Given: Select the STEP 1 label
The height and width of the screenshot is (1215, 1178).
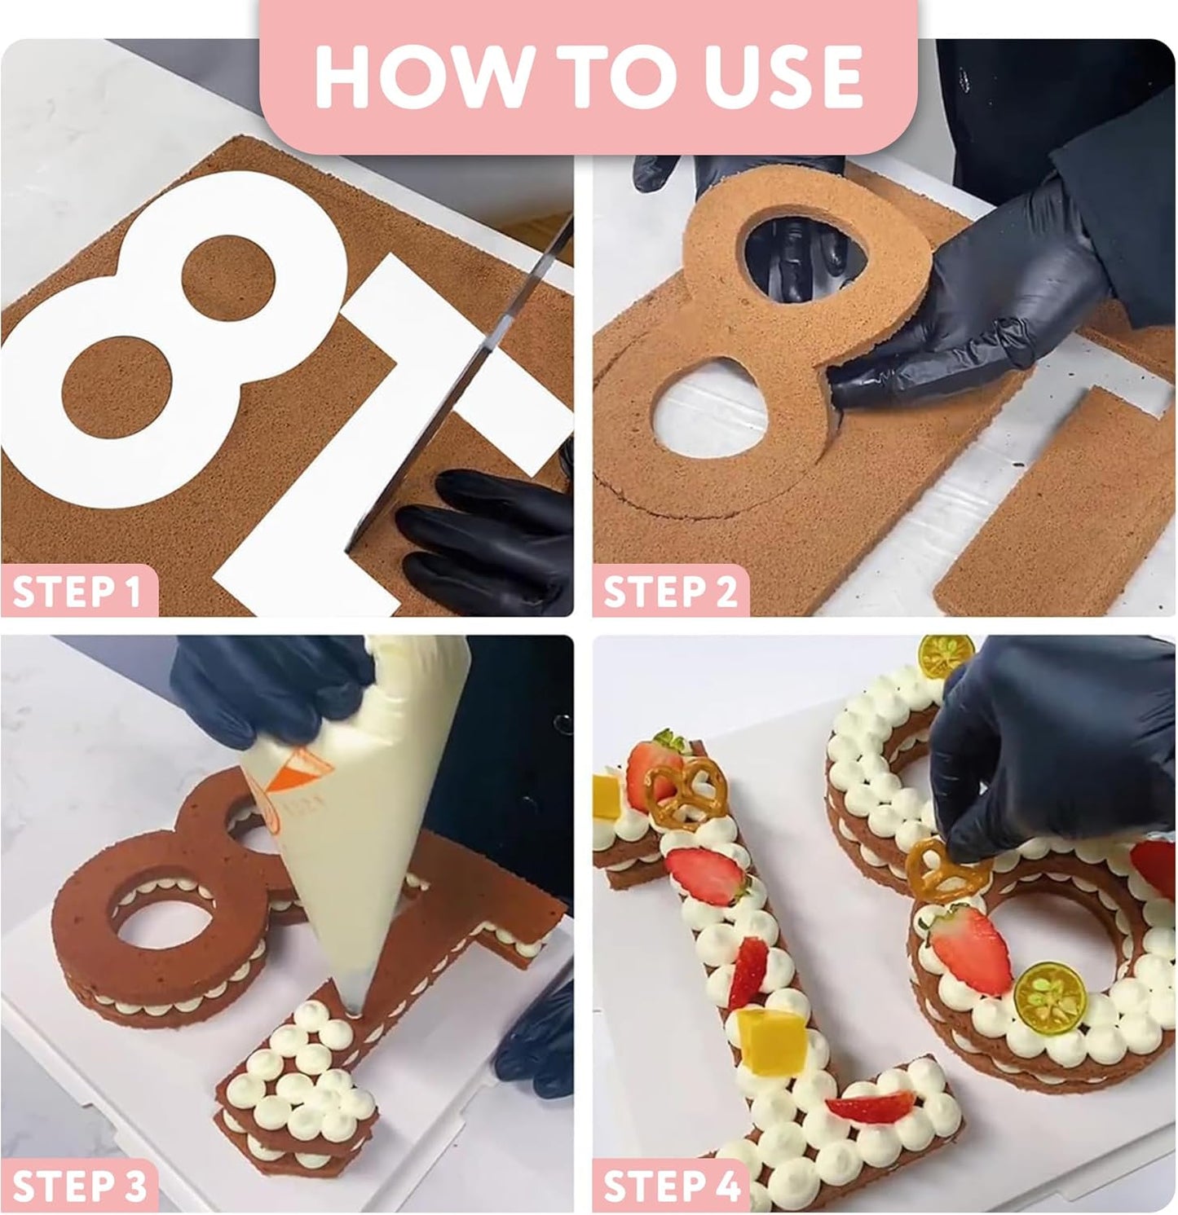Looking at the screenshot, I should pos(77,591).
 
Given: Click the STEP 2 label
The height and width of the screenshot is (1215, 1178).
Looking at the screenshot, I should pos(670,591).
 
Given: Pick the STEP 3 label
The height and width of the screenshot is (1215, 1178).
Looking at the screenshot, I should pos(79,1186).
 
